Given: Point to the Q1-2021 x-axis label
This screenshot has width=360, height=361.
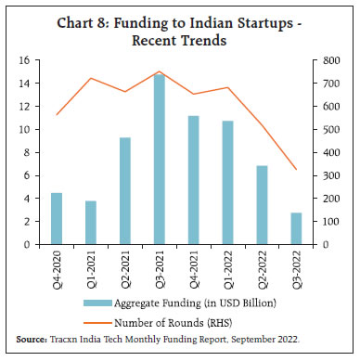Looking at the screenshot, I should (91, 270).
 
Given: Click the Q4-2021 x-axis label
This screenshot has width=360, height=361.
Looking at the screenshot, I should (194, 270).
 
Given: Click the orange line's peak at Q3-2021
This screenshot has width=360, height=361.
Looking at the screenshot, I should (160, 71).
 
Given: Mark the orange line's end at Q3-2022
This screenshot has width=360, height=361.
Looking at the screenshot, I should (296, 169).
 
